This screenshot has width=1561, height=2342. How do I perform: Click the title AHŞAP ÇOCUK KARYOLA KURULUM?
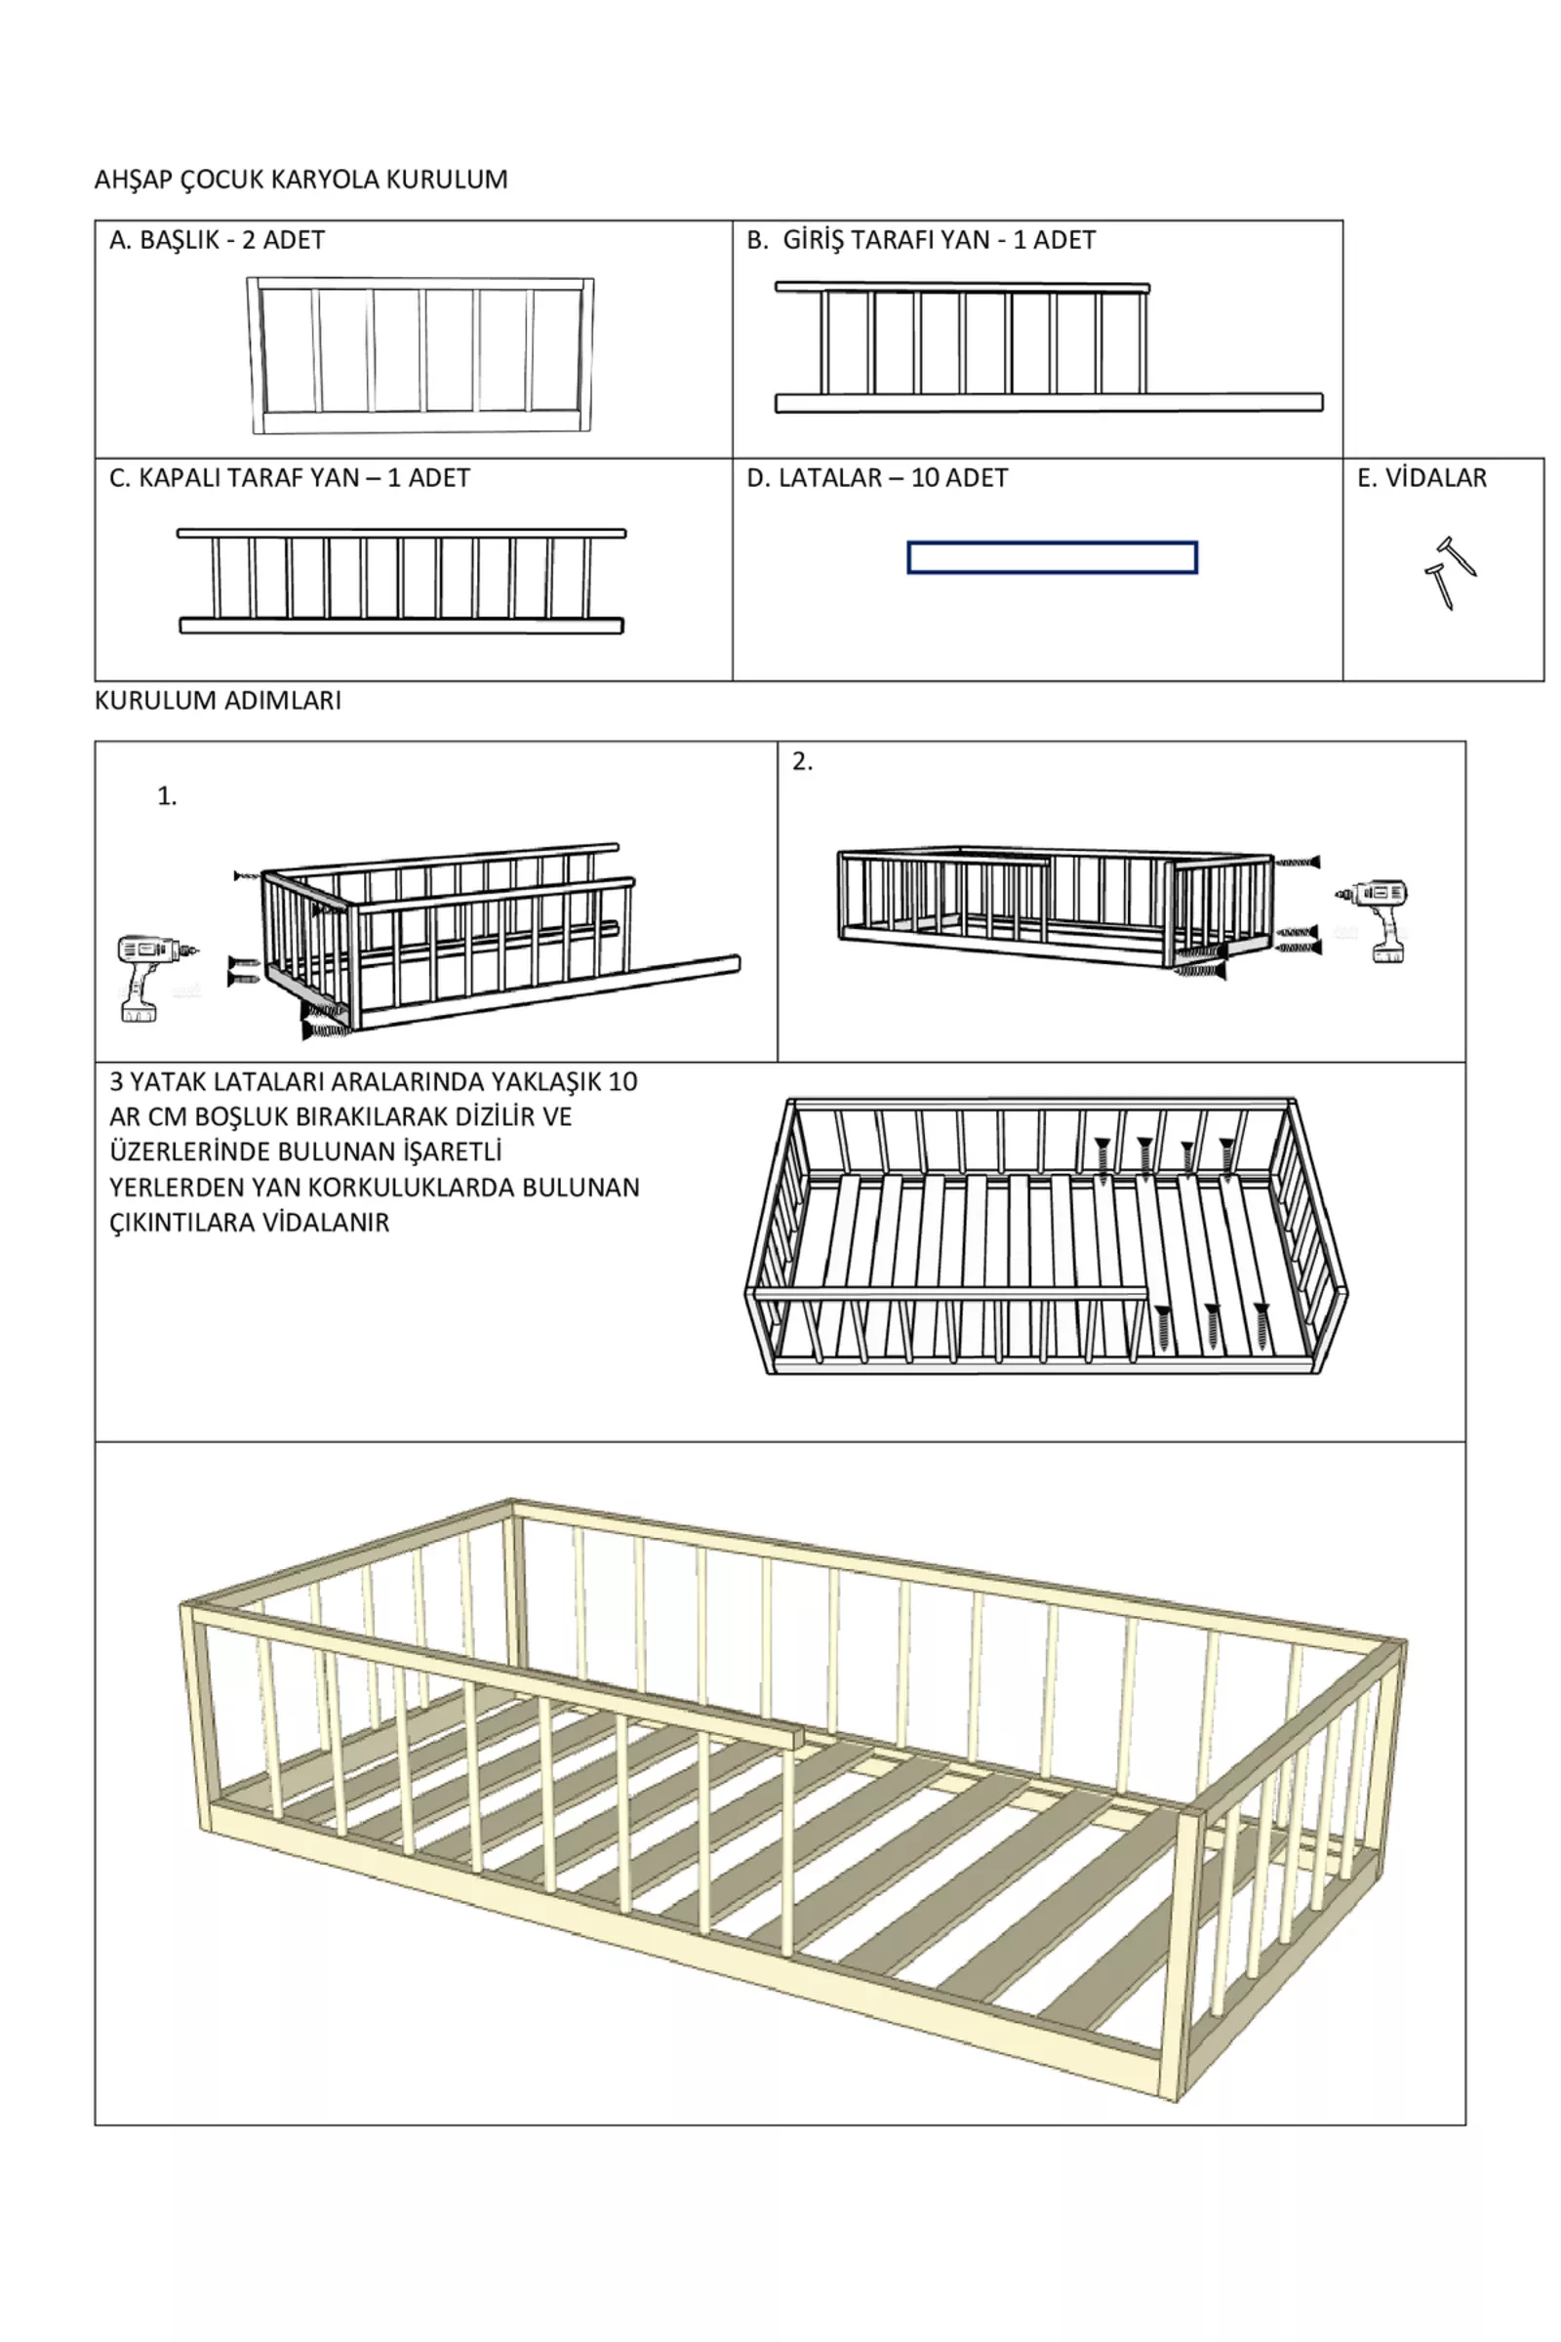[x=300, y=181]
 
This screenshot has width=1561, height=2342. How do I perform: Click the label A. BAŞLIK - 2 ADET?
[x=217, y=241]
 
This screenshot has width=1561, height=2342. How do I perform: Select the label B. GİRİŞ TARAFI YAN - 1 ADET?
[x=921, y=241]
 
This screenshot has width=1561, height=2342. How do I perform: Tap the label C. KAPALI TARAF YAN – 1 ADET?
[x=289, y=479]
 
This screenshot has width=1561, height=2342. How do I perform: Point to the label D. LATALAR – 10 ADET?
[x=877, y=479]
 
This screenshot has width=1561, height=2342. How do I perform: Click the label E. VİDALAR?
[x=1421, y=479]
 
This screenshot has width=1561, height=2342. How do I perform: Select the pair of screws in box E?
[x=1450, y=573]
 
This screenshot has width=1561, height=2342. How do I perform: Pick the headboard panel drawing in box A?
[x=420, y=355]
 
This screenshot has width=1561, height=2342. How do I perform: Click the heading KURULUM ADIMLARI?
[x=218, y=701]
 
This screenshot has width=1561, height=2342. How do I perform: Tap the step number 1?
[x=166, y=796]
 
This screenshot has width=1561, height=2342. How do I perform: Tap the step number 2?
[x=802, y=762]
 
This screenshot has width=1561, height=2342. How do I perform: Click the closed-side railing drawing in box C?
[x=401, y=582]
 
